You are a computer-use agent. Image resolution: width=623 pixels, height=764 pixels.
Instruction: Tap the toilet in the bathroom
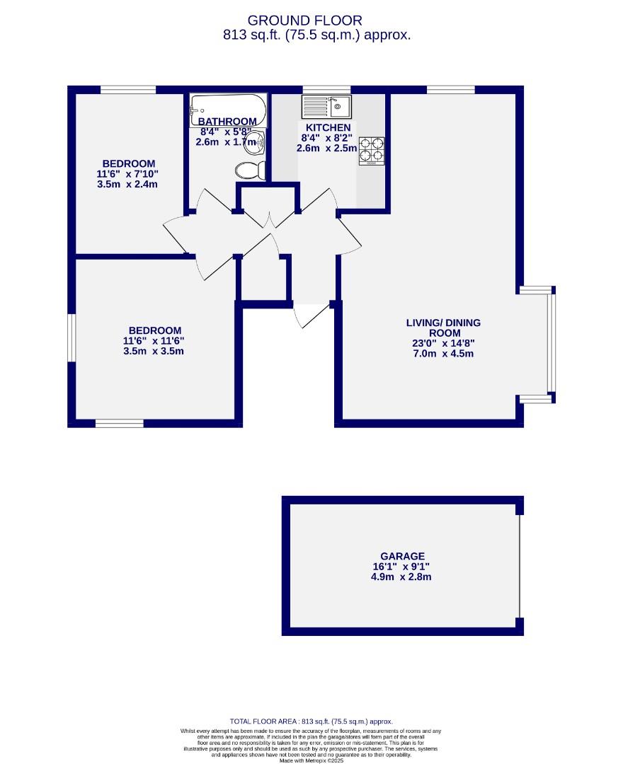click(250, 170)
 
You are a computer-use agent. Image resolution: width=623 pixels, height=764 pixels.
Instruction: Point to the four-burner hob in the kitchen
click(372, 150)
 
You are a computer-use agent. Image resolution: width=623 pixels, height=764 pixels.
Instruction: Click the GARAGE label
click(401, 556)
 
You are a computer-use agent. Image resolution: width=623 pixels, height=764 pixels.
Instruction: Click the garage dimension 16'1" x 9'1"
click(401, 567)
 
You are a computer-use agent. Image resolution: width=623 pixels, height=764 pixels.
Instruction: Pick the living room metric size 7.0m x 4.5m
click(443, 354)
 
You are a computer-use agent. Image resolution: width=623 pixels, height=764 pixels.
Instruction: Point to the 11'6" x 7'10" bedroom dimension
click(127, 174)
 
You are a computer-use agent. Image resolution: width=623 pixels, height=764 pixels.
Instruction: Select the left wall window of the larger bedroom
click(72, 337)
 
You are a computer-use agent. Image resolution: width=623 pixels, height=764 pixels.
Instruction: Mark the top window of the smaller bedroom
click(127, 90)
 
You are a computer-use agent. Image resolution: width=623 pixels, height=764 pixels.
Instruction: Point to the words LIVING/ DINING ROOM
click(443, 328)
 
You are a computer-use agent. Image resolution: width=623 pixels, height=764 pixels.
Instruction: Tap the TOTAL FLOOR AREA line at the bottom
click(311, 721)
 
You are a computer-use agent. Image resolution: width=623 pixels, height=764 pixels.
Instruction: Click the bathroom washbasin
click(260, 142)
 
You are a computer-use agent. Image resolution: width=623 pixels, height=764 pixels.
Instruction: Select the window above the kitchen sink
click(326, 90)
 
